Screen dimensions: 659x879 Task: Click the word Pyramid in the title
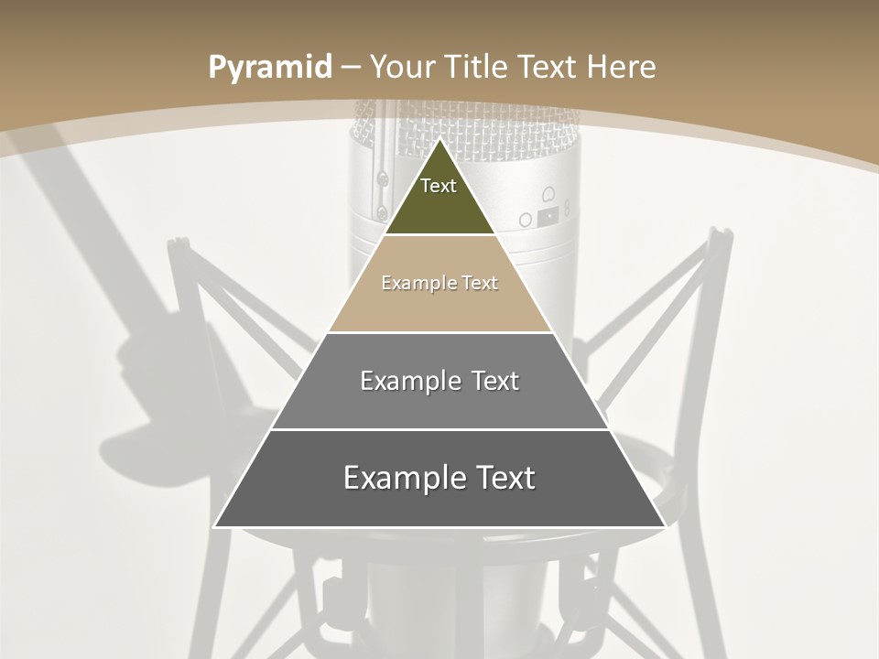pos(270,68)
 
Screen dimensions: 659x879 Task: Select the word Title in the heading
pos(476,67)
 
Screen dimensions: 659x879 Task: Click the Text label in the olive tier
pos(439,186)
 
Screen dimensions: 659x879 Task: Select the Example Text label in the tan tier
pos(439,283)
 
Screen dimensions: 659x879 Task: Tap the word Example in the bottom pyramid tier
pos(398,478)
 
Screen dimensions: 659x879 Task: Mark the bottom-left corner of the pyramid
pos(215,526)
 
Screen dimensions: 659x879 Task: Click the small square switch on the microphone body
pos(548,216)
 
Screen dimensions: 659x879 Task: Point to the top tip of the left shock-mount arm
pos(178,242)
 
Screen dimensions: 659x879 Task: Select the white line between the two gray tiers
pos(439,429)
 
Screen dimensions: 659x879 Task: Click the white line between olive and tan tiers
pos(439,235)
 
